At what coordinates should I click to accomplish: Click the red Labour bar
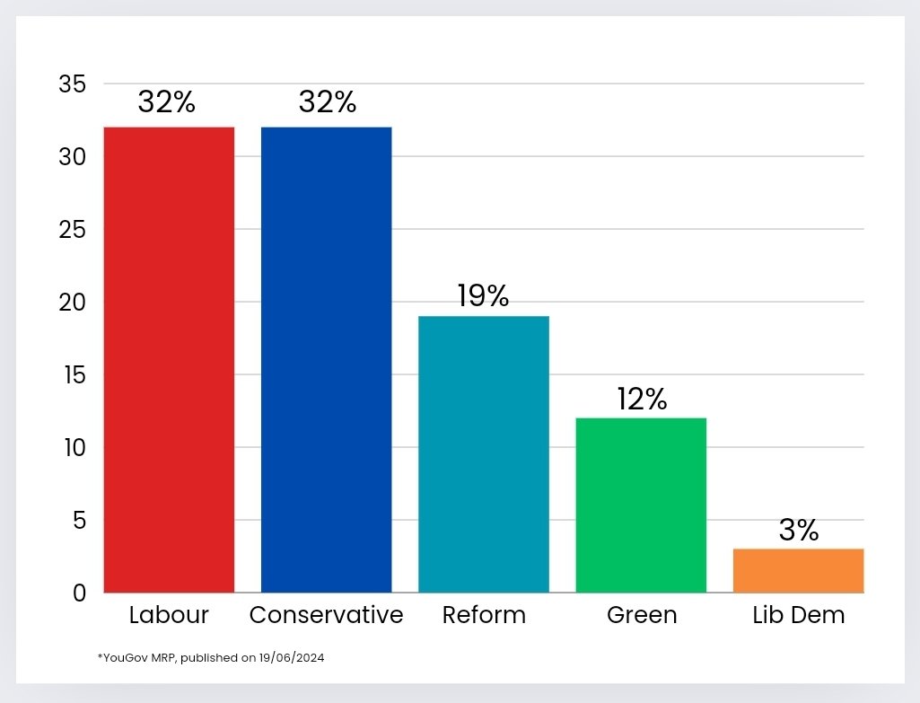169,359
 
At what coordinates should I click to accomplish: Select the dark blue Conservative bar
326,359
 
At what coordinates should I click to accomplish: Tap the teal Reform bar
484,453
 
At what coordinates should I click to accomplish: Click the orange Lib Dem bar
798,570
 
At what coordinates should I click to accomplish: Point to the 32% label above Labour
167,102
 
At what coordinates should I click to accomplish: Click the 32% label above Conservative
328,102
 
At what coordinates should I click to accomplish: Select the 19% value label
483,295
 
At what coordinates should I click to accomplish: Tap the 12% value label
643,400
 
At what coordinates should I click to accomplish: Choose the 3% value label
799,530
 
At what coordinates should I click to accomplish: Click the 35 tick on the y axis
72,85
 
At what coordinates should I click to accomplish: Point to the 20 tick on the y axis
72,303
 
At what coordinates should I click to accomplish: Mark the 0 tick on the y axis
80,593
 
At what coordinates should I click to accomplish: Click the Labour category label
169,615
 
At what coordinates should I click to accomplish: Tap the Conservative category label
326,615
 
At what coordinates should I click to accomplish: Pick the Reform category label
484,615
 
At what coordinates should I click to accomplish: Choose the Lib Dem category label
799,615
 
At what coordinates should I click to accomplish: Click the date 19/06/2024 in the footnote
294,658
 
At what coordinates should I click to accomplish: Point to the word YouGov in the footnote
121,658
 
